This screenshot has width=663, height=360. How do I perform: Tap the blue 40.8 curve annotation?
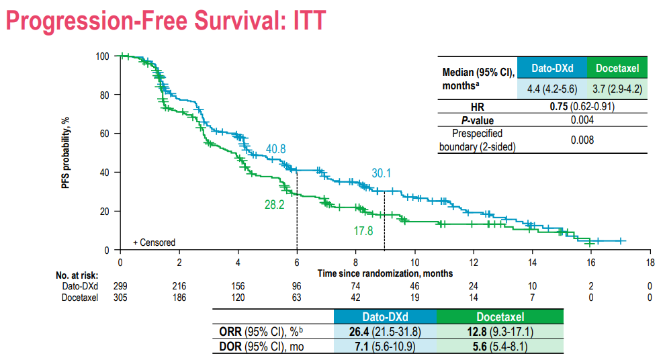tap(276, 148)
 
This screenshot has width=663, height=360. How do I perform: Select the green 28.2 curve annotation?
tap(274, 204)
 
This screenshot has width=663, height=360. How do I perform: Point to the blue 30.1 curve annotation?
tap(381, 173)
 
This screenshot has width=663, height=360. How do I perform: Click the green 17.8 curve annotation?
tap(363, 231)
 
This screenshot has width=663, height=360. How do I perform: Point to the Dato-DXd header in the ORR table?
tap(384, 316)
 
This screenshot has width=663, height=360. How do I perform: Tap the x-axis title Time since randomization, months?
tap(386, 273)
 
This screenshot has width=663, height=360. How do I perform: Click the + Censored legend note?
tap(154, 242)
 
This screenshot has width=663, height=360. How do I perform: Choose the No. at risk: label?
tap(78, 274)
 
